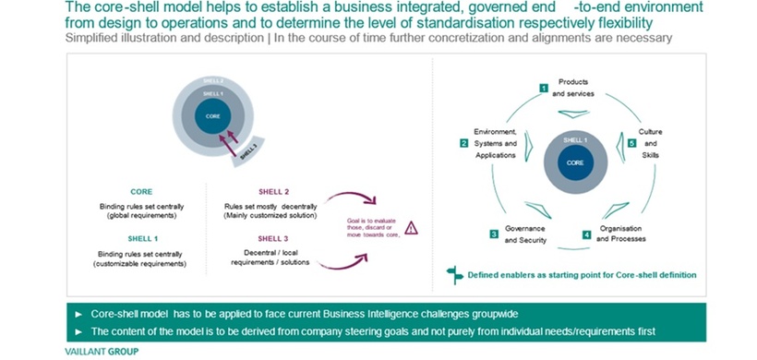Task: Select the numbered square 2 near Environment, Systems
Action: (464, 143)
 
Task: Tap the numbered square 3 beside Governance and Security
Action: (494, 235)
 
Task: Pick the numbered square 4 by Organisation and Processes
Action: (587, 234)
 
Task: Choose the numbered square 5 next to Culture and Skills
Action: (632, 144)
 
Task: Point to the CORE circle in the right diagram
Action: (575, 162)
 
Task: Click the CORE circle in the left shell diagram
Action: (213, 117)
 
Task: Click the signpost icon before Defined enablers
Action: (452, 274)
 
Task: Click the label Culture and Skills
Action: (651, 143)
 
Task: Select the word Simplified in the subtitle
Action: (93, 38)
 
